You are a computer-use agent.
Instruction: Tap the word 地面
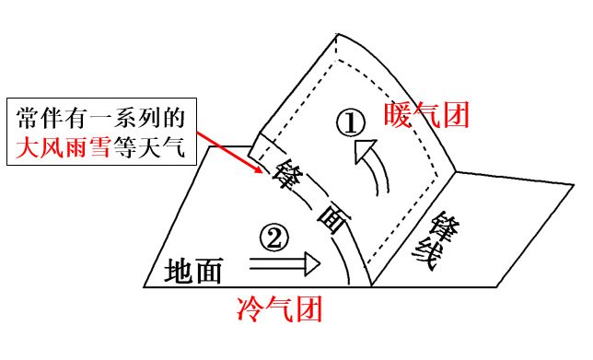[x=194, y=271]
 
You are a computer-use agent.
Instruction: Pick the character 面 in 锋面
[x=329, y=217]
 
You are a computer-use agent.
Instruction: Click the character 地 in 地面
[x=180, y=271]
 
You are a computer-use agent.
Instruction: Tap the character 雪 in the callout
[x=100, y=147]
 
